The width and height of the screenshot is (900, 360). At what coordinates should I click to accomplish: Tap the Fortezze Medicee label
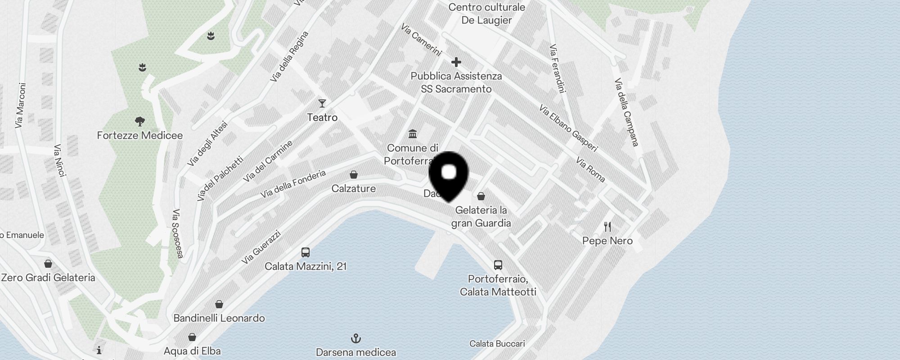click(140, 135)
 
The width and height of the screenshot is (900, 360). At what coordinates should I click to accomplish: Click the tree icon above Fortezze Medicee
click(140, 121)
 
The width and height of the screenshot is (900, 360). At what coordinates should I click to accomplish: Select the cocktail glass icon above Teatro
click(322, 103)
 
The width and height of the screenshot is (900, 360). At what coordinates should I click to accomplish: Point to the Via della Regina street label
click(289, 57)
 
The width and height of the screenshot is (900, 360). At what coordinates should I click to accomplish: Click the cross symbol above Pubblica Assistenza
click(456, 62)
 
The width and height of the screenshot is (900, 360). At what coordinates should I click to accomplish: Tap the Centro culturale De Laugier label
click(487, 13)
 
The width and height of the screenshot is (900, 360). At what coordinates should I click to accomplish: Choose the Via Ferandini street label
click(557, 68)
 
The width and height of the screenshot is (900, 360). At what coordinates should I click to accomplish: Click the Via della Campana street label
click(627, 112)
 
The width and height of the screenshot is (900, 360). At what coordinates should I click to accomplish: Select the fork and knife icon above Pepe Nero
click(607, 226)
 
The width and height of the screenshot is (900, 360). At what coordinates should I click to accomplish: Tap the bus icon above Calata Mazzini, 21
click(306, 252)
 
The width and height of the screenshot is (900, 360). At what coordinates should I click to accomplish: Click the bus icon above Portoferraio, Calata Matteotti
click(498, 265)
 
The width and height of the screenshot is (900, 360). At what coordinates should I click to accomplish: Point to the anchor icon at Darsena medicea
click(356, 338)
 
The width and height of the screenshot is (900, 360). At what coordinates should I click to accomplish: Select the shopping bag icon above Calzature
click(354, 175)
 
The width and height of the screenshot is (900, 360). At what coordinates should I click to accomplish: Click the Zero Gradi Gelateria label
click(49, 278)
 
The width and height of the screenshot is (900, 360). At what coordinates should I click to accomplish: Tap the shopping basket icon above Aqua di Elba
click(192, 337)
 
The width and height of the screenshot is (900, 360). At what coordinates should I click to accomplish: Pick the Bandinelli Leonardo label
click(219, 318)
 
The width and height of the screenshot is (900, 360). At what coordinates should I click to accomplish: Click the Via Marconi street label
click(20, 105)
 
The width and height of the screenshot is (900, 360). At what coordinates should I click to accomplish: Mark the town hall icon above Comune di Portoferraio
click(412, 134)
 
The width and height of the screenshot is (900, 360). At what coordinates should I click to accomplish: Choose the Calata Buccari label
click(497, 344)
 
